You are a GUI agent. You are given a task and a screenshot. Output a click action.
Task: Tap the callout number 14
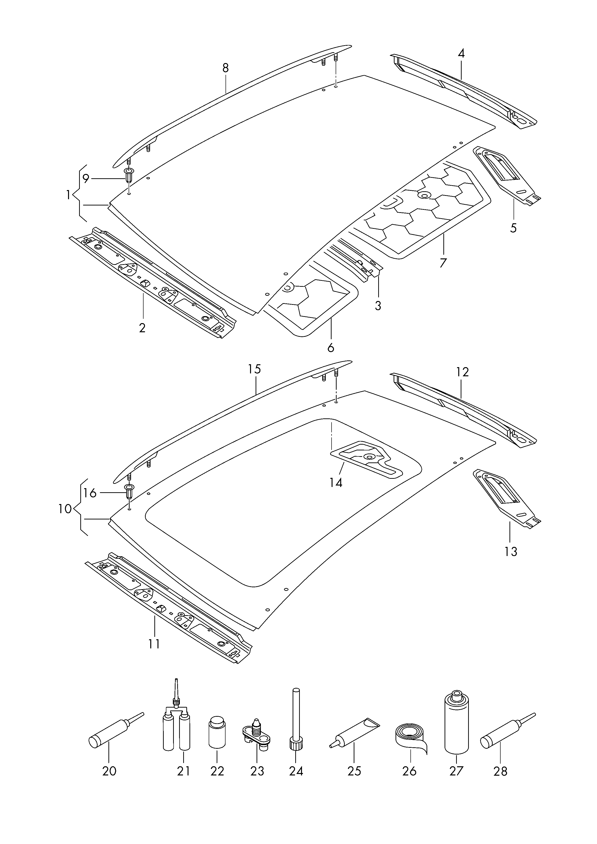[x=336, y=482]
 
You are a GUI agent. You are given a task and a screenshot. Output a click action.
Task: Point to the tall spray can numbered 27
[x=457, y=722]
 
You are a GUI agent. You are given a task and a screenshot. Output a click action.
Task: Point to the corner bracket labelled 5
[x=507, y=176]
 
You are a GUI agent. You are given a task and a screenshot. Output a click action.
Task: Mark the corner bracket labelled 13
[x=507, y=499]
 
